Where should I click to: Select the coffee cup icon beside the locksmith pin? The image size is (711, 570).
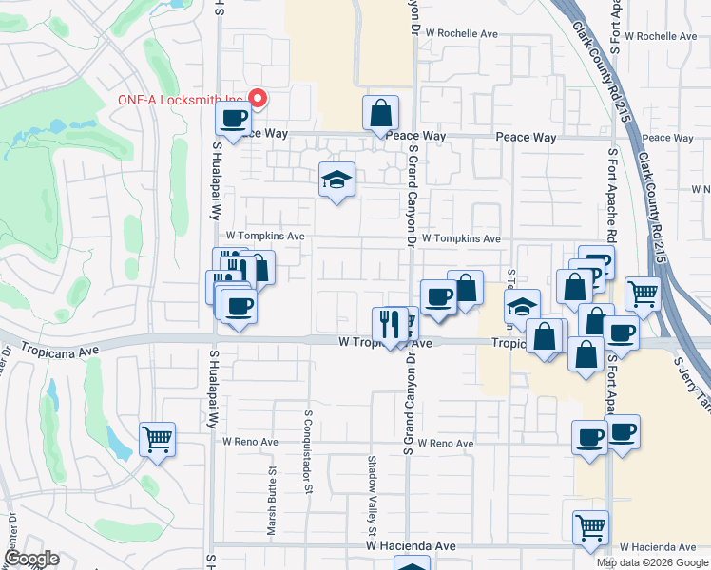coord(233,119)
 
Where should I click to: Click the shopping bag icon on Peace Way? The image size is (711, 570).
coord(380,113)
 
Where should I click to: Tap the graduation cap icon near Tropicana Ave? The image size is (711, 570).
coord(522,306)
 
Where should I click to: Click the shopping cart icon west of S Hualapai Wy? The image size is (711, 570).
coord(157,438)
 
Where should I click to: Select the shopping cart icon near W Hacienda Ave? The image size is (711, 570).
coord(591,526)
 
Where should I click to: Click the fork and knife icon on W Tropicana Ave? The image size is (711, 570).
coord(389,323)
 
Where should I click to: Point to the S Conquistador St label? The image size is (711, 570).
coord(309,452)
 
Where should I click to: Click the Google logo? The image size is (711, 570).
coord(30,560)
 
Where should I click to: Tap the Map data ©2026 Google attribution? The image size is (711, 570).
coord(652,562)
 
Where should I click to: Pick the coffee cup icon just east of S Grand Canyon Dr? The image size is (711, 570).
coord(438,296)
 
